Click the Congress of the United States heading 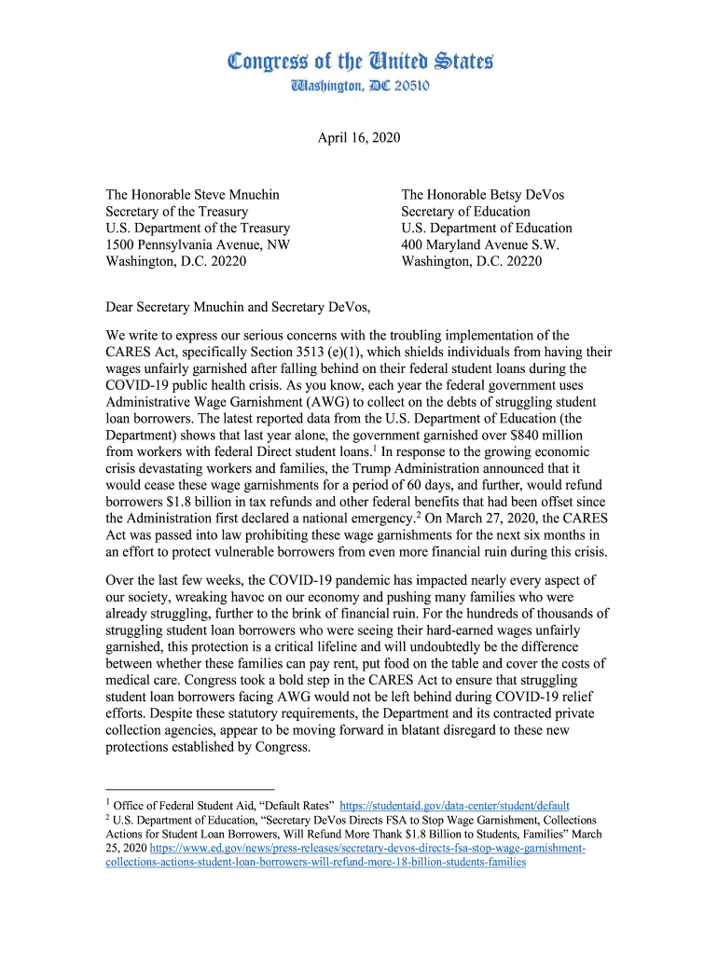359,62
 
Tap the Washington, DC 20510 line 359,87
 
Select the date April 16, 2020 359,138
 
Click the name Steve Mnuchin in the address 236,195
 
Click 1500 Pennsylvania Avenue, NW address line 197,245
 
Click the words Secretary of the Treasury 176,212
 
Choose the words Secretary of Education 465,212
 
